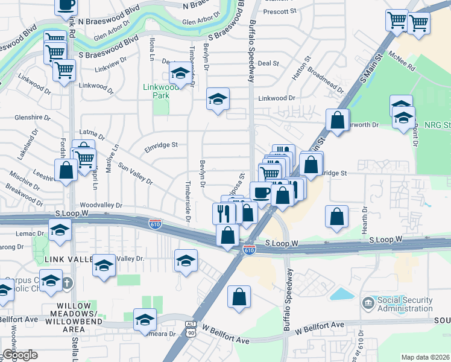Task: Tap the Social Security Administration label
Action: tap(403, 304)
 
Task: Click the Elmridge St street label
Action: tap(161, 145)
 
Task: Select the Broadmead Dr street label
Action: tap(326, 81)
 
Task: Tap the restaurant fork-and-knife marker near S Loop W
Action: tap(223, 213)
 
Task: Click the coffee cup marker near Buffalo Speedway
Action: tap(260, 192)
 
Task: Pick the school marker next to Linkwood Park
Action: tap(179, 73)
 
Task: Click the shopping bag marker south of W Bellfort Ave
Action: tap(239, 296)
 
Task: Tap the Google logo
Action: tap(19, 355)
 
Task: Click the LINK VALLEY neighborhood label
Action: tap(66, 259)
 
